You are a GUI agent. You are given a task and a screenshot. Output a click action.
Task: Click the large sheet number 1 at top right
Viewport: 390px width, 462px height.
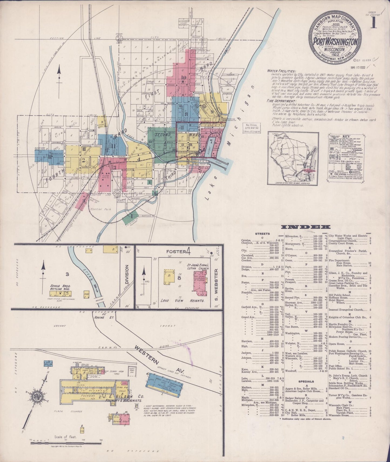click(x=374, y=23)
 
